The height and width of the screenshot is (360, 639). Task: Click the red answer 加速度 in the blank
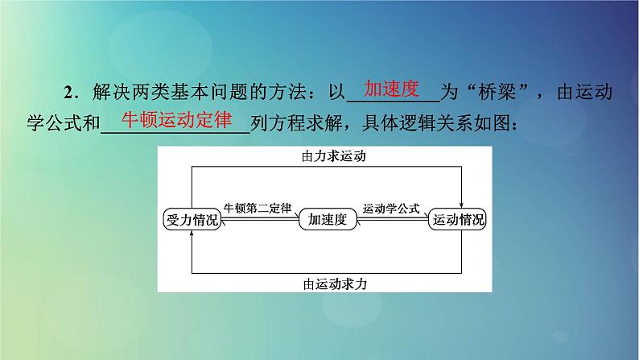393,89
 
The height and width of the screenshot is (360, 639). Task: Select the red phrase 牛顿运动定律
176,120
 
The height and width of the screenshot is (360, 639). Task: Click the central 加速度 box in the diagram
328,219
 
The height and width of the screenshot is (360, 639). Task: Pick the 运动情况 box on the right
460,219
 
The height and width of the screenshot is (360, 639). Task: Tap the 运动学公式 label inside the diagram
392,209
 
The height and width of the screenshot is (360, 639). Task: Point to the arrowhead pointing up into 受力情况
192,234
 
